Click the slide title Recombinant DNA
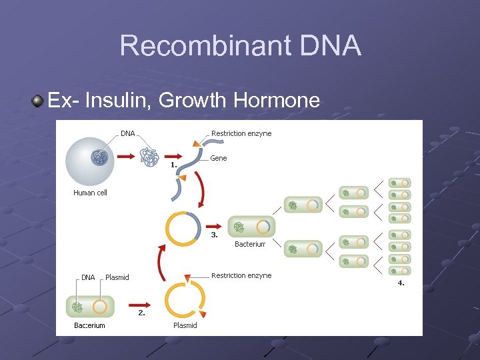pos(240,46)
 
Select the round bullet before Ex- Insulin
pos(38,101)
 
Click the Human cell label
pos(90,193)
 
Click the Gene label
pos(219,158)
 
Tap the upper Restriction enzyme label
pos(241,133)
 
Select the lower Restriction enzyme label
pos(241,275)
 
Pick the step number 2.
pos(141,312)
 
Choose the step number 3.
pos(215,235)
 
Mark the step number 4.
pos(401,283)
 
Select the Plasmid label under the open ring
pos(185,325)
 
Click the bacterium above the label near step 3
pos(251,227)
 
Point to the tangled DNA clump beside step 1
pos(150,157)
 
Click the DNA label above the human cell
pos(128,133)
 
